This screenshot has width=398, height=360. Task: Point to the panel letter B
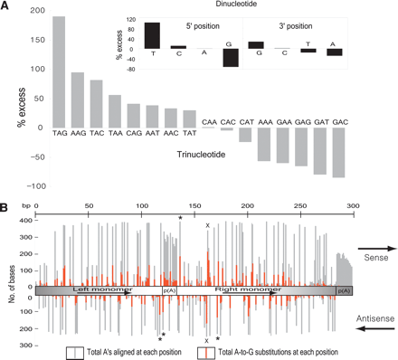[6, 208]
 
